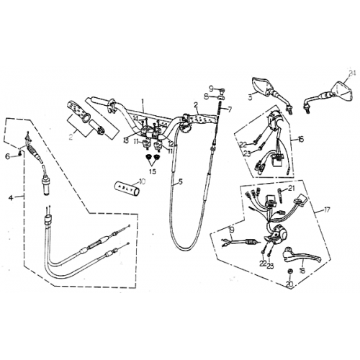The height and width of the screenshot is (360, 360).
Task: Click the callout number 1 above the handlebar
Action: [x=143, y=102]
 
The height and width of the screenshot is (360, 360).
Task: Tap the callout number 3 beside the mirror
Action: [x=249, y=94]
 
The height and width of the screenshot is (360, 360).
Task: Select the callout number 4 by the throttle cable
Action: [x=10, y=195]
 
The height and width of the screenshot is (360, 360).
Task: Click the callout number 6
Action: [x=8, y=155]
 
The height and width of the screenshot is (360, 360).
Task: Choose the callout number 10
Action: [x=141, y=182]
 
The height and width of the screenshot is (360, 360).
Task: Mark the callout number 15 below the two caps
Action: [x=152, y=172]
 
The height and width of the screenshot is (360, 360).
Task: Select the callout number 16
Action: [x=300, y=138]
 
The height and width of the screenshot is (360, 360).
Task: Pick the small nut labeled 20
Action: [x=289, y=271]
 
